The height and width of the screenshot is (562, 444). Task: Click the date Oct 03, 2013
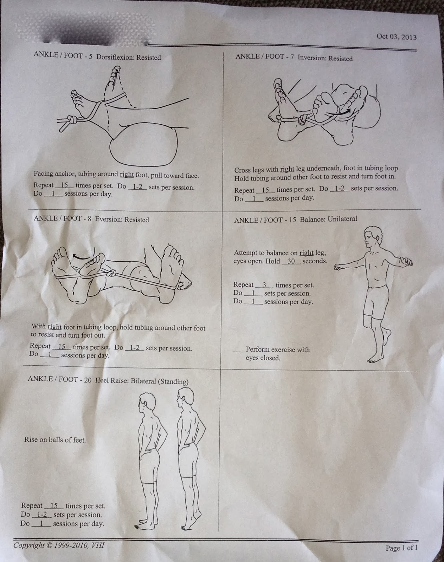click(x=396, y=37)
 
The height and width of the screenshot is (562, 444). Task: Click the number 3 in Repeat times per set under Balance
click(x=264, y=285)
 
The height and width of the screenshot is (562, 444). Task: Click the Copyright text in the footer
click(x=59, y=545)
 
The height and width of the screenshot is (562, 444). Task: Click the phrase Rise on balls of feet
click(x=55, y=440)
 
